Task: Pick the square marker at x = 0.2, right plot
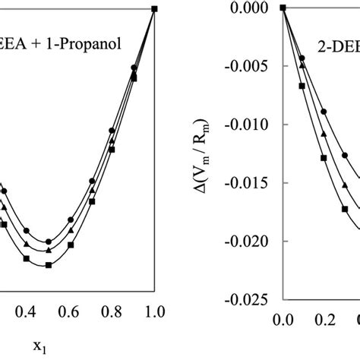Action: coord(324,158)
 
